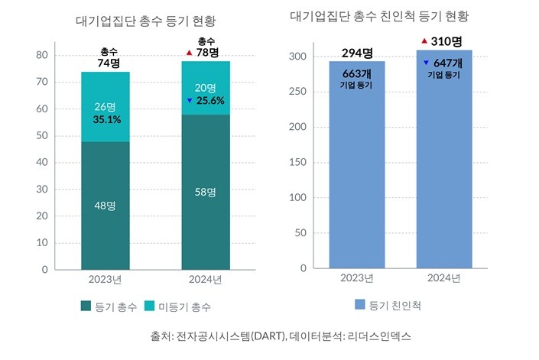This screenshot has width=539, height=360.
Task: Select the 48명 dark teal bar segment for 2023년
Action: pos(105,206)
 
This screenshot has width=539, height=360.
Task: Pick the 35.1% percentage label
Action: pos(106,119)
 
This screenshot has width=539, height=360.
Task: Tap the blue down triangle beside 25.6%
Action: pos(188,101)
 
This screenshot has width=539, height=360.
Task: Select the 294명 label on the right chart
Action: pos(356,53)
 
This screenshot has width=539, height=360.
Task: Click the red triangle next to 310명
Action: pos(424,40)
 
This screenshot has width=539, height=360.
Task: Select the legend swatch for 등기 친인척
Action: pos(359,304)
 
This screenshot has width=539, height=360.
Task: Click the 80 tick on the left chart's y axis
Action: pos(43,55)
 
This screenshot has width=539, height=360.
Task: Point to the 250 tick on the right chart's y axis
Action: pos(298,92)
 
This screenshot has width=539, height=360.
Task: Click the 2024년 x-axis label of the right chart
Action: pos(443,278)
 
